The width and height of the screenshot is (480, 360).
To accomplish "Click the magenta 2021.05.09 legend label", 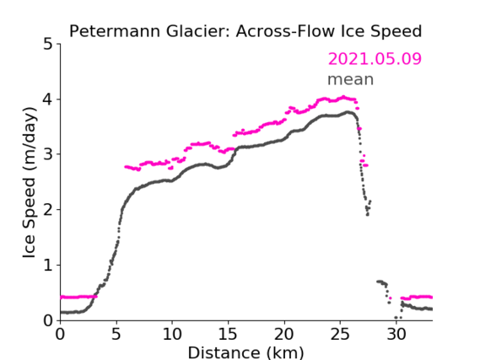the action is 375,59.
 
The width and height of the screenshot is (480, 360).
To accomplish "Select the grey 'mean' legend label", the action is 351,79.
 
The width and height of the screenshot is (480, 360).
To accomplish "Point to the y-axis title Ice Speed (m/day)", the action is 30,183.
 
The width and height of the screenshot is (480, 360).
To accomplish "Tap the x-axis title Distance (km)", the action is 245,352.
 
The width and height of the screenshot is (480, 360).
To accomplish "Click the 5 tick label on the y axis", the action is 48,45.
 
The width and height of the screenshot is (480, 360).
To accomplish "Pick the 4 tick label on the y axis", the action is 48,99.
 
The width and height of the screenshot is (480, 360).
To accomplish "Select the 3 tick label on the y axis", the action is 48,154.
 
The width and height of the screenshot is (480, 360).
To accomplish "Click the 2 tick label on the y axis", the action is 48,210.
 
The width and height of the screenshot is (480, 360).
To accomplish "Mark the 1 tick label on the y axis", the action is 48,266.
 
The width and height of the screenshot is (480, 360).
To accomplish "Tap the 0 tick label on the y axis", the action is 48,320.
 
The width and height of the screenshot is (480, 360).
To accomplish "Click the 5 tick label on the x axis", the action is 116,335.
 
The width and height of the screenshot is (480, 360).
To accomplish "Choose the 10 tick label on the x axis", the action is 172,335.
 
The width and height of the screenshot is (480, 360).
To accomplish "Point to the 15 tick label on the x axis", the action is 228,335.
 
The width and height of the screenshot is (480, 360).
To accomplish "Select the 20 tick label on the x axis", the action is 284,335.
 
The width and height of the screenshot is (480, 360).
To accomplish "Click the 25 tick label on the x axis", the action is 340,335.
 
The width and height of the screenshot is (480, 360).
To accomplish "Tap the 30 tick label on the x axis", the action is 396,335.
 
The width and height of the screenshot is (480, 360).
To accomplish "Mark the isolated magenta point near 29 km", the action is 390,298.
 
